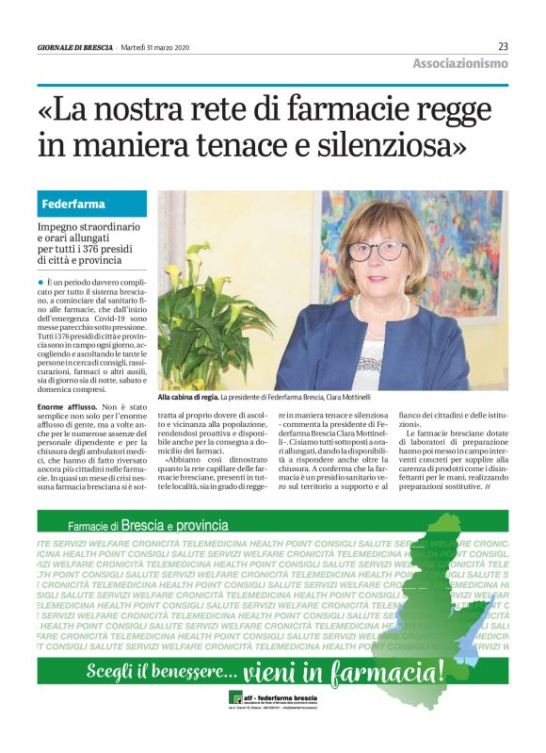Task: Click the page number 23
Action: click(503, 46)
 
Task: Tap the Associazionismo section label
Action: click(459, 63)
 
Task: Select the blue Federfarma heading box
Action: click(92, 204)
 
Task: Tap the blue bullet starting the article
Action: click(40, 282)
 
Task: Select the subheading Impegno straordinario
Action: click(88, 228)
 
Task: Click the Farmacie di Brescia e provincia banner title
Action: click(148, 525)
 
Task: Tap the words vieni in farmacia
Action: click(343, 673)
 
